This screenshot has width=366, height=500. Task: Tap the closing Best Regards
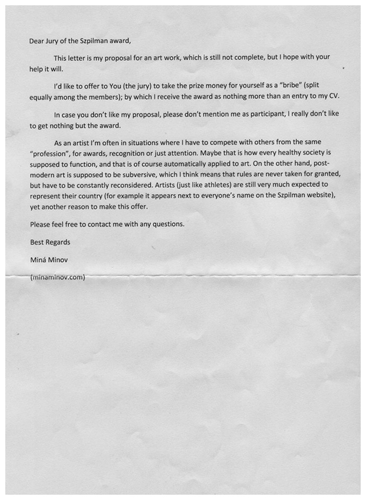click(x=50, y=242)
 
